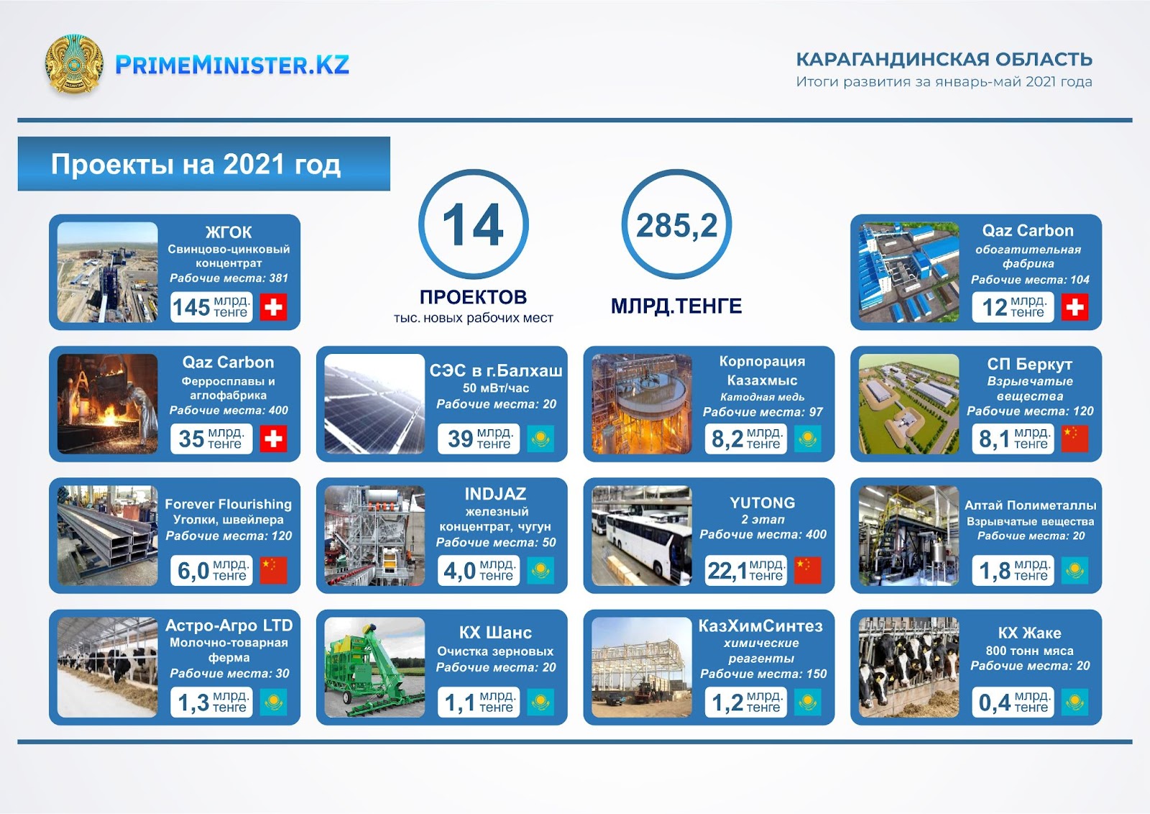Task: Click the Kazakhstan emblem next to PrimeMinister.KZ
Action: tap(74, 64)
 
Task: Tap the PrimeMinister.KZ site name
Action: tap(232, 65)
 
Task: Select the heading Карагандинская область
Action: tap(944, 60)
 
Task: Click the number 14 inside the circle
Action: tap(473, 225)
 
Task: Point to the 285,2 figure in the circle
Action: tap(676, 226)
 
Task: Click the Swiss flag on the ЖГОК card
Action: tap(273, 307)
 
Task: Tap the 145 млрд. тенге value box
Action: tap(211, 307)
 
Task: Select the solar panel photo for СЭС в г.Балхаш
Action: tap(374, 403)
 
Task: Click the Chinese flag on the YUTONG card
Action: tap(808, 570)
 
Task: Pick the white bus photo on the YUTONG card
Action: tap(642, 536)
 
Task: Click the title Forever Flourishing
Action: tap(229, 504)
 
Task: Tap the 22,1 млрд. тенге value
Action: tap(745, 570)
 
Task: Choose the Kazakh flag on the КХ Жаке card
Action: tap(1075, 702)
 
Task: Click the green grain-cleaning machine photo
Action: tap(374, 667)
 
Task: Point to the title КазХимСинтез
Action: tap(761, 626)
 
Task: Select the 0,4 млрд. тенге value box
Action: tap(1013, 702)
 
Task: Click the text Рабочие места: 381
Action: tap(229, 278)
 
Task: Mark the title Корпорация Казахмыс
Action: tap(763, 371)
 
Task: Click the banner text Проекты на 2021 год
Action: tap(195, 165)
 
